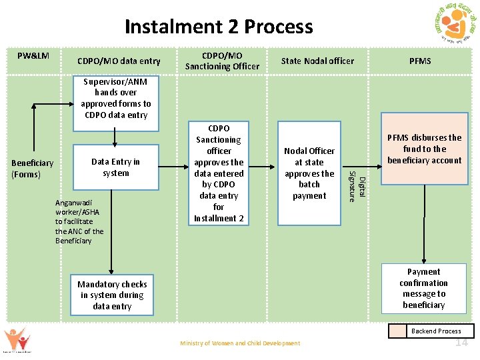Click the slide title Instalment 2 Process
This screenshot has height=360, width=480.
tap(218, 27)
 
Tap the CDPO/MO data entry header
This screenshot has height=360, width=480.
tap(119, 61)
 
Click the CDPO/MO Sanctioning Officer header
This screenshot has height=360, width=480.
tap(222, 61)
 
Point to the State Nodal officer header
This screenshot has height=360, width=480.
tap(317, 61)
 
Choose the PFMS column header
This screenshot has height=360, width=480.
tap(420, 61)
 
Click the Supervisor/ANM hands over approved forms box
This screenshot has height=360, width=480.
tap(116, 98)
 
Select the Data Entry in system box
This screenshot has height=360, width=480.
tap(115, 167)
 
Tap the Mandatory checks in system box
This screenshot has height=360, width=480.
tap(112, 295)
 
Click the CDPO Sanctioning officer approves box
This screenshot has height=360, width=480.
tap(219, 173)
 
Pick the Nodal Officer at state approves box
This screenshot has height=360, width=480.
tap(309, 173)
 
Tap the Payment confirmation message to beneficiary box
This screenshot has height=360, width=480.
tap(423, 288)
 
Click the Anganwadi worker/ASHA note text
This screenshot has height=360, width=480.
tap(79, 221)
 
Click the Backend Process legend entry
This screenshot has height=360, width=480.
tap(436, 331)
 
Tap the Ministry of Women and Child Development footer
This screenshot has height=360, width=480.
tap(240, 343)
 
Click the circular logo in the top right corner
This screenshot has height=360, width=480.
tap(451, 28)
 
